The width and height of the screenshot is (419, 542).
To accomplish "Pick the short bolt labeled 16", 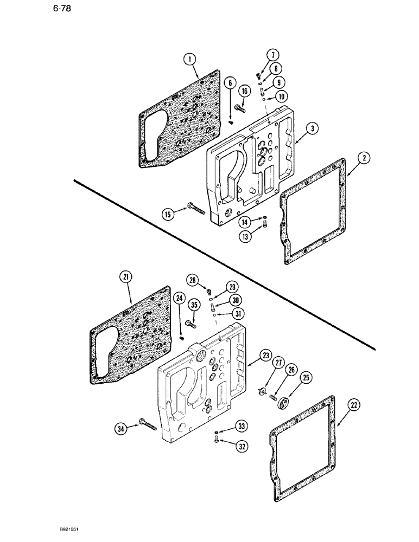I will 240,110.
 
